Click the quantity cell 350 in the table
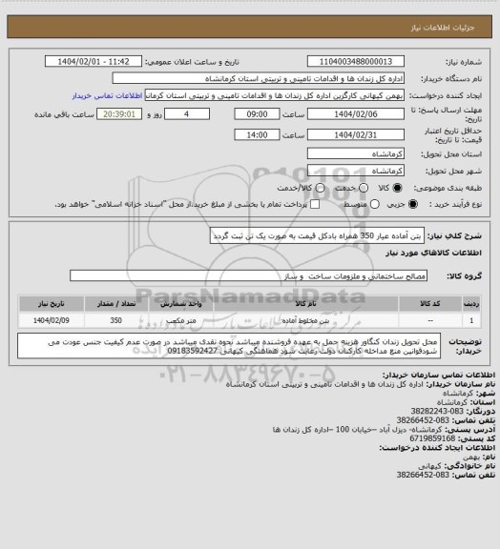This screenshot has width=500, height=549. [116, 321]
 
